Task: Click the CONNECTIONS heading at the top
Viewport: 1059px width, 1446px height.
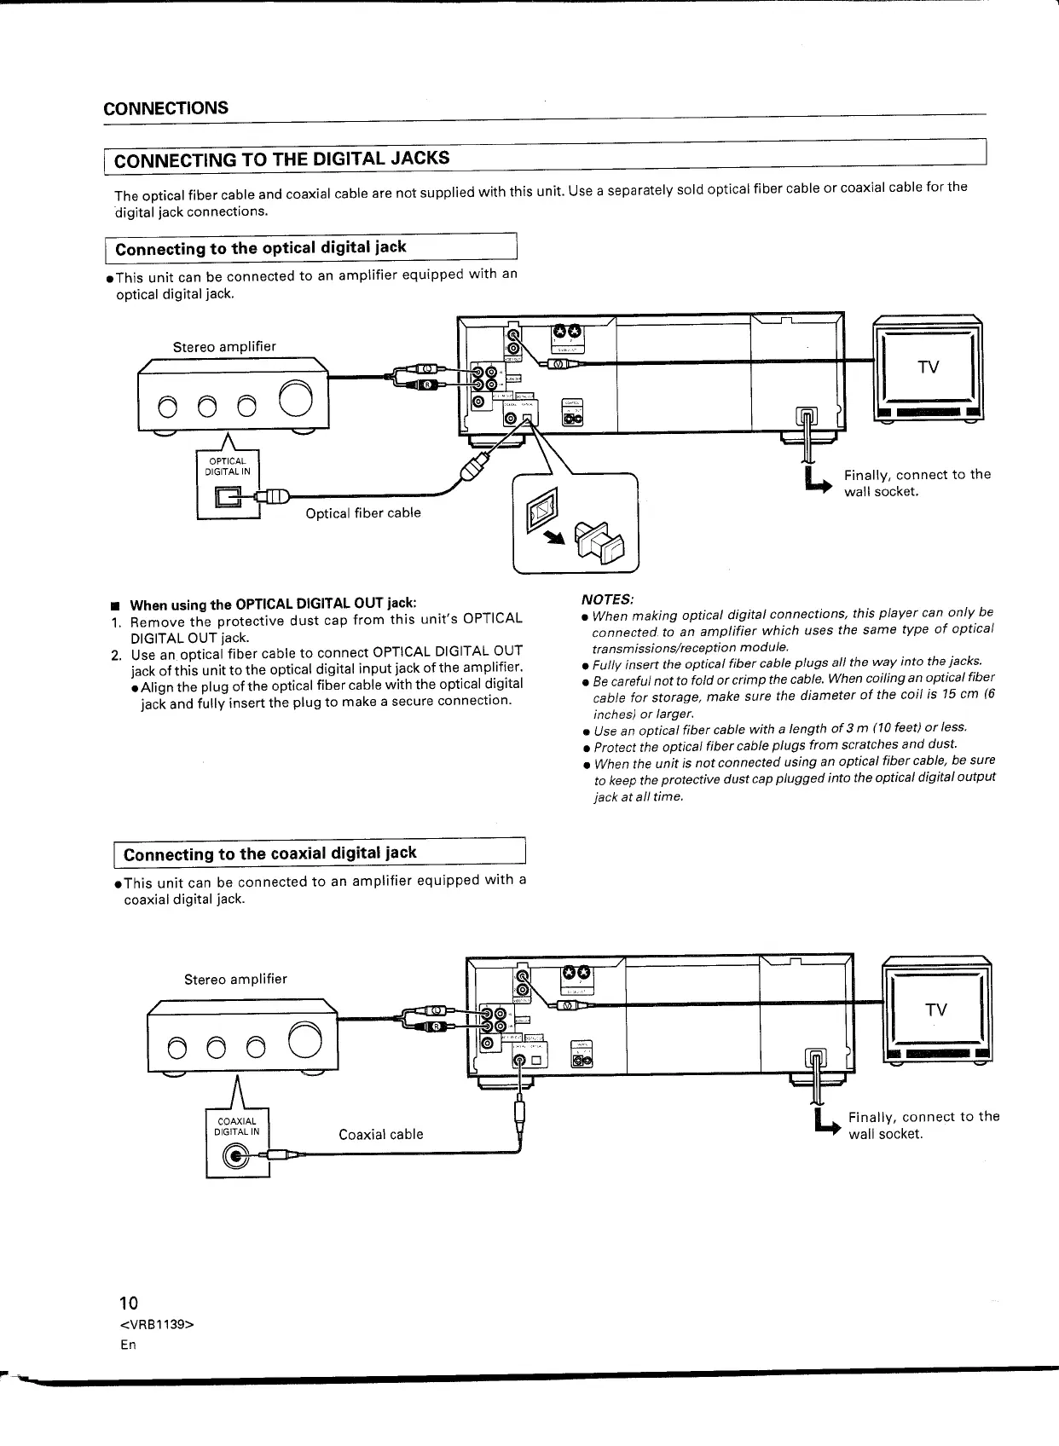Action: point(165,107)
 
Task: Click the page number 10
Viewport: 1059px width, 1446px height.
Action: point(128,1303)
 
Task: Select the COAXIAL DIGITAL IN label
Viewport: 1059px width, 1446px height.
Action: point(236,1126)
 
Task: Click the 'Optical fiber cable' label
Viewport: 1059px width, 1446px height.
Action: point(363,513)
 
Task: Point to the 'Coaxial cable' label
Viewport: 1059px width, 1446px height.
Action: point(380,1134)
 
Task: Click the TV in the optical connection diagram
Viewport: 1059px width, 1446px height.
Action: point(928,367)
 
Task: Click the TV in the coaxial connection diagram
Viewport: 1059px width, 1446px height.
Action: point(936,1010)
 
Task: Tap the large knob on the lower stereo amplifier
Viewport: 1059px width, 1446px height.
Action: point(306,1038)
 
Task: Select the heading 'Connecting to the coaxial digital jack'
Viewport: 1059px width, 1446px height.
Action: point(270,853)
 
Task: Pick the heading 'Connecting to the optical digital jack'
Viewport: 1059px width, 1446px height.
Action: point(261,248)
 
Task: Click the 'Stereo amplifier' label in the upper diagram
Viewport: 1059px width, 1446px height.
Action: point(224,347)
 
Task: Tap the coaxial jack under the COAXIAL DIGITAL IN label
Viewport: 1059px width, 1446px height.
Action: point(237,1156)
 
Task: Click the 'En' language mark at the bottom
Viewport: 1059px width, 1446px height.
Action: point(128,1345)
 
